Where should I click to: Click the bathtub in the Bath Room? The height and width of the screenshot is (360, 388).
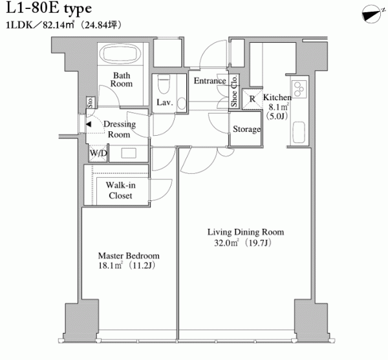click(x=120, y=54)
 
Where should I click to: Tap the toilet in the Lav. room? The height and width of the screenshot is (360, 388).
click(x=164, y=84)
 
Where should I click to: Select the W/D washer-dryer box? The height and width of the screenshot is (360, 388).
click(x=98, y=153)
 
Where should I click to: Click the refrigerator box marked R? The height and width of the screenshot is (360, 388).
click(x=252, y=99)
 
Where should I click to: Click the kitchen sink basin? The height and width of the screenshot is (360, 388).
click(x=299, y=132)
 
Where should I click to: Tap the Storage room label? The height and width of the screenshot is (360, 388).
click(x=246, y=129)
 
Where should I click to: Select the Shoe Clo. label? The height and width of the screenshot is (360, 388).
click(x=234, y=90)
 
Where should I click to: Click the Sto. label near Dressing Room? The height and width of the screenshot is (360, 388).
click(x=90, y=102)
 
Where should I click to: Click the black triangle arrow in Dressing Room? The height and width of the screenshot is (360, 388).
click(x=89, y=124)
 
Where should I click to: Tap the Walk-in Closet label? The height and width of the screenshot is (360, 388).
click(x=120, y=191)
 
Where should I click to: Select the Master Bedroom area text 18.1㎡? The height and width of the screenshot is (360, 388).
click(x=111, y=266)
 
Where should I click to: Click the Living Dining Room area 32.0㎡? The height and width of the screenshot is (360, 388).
click(x=226, y=243)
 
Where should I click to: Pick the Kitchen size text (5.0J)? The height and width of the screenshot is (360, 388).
click(x=277, y=116)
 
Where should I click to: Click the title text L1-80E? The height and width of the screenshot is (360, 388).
click(x=32, y=8)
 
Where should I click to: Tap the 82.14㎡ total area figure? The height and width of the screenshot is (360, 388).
click(x=59, y=25)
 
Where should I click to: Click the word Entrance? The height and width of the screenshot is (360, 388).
click(x=210, y=81)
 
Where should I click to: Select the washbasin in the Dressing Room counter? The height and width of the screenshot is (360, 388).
click(x=129, y=153)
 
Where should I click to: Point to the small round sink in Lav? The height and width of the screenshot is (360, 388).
click(x=181, y=103)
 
